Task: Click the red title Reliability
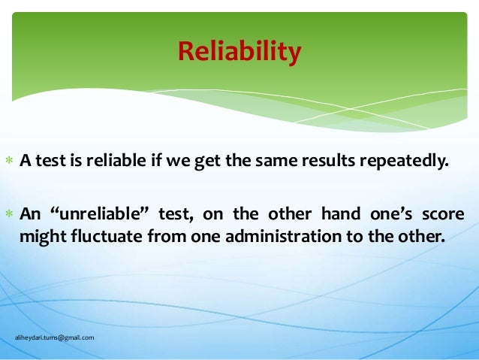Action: pyautogui.click(x=239, y=52)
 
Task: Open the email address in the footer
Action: pyautogui.click(x=55, y=337)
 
